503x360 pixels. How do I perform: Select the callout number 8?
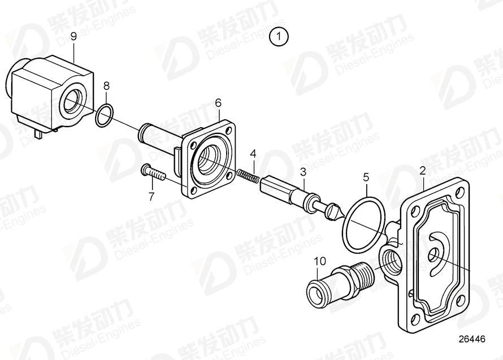coord(106,86)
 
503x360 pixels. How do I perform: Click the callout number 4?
coord(253,153)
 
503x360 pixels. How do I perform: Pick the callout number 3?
coord(303,171)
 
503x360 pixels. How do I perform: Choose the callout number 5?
coord(366,177)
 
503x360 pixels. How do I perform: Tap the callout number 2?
coord(422,169)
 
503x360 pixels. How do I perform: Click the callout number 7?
coord(151,196)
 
